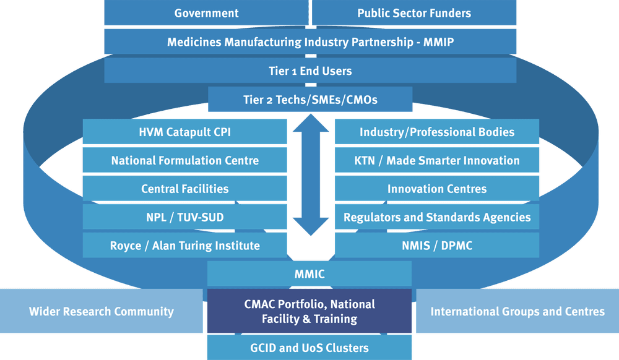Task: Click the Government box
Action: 206,13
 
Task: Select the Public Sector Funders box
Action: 413,13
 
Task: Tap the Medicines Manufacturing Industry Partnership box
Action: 310,42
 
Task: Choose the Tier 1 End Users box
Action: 310,71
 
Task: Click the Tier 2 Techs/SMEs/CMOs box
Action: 310,99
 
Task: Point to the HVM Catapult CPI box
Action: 184,132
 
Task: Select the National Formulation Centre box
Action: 184,160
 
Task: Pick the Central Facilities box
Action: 184,189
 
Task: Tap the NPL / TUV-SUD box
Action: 184,217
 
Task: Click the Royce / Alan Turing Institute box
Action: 184,246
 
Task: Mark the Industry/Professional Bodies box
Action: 436,132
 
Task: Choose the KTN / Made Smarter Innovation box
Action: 436,160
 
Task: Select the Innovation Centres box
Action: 436,189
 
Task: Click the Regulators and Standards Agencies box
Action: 436,217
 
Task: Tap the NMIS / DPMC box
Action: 436,246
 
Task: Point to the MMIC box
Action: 309,274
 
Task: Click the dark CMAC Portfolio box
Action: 309,311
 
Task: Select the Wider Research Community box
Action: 101,311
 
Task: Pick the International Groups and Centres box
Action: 517,311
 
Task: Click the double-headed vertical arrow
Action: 310,178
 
